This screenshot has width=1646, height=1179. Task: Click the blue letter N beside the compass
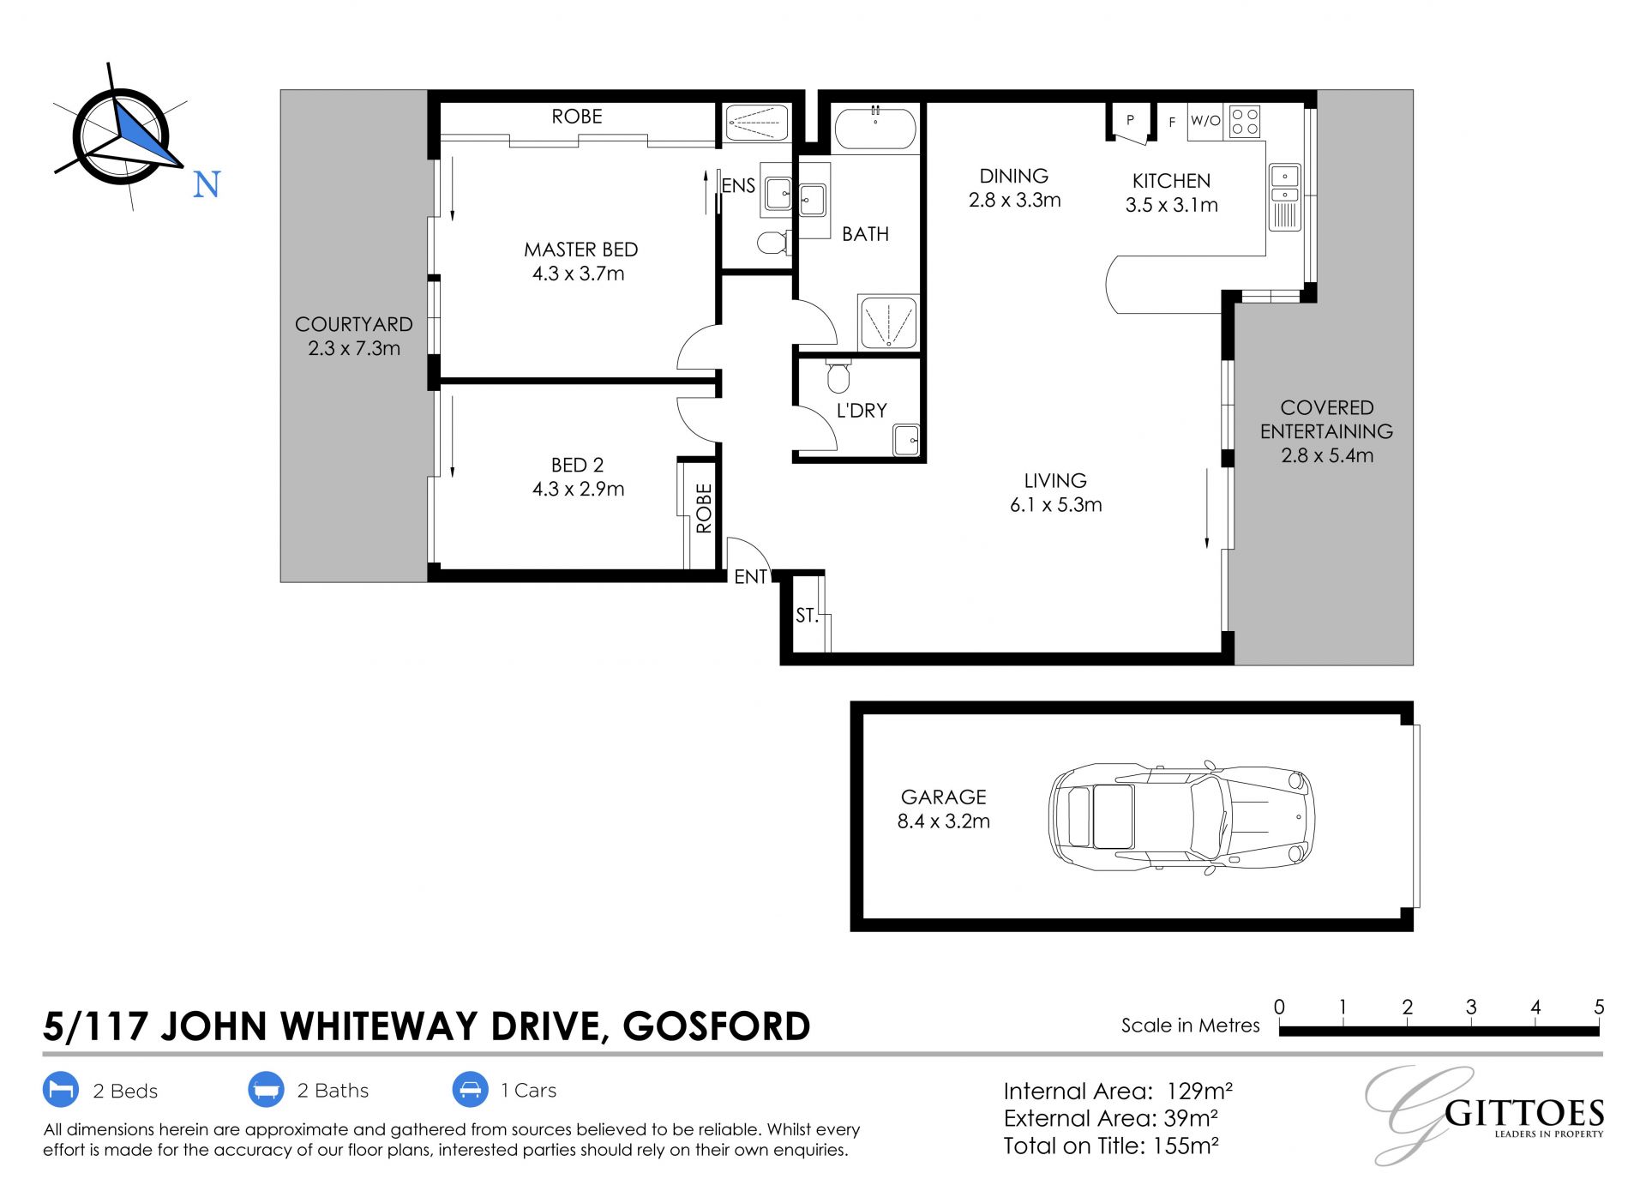click(x=207, y=185)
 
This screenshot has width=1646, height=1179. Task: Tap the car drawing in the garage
click(x=1181, y=816)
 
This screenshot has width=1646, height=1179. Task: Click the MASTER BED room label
click(x=580, y=250)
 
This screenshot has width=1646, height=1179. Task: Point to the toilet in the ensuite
click(x=774, y=243)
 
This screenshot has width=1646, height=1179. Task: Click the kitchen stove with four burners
click(x=1245, y=121)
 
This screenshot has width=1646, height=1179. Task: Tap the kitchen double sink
click(x=1284, y=197)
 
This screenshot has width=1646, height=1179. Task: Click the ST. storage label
click(x=807, y=615)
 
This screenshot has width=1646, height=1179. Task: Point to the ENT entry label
click(x=751, y=577)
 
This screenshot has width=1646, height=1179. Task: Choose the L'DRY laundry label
click(x=862, y=411)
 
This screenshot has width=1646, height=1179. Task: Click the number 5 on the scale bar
click(x=1599, y=1007)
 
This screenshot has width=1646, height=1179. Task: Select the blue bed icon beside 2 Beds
click(x=61, y=1090)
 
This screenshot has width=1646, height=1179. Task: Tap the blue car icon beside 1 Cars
click(x=470, y=1090)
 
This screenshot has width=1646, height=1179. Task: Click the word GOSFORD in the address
click(x=717, y=1026)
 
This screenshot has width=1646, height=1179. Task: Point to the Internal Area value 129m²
click(x=1199, y=1091)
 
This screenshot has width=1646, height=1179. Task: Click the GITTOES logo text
click(x=1524, y=1113)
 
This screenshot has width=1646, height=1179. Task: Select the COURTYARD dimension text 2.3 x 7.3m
click(x=354, y=348)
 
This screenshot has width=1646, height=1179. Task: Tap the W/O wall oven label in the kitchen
click(x=1205, y=121)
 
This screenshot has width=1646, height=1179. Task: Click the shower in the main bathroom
click(x=888, y=322)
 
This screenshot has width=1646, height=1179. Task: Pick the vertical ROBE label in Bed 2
click(x=704, y=508)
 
